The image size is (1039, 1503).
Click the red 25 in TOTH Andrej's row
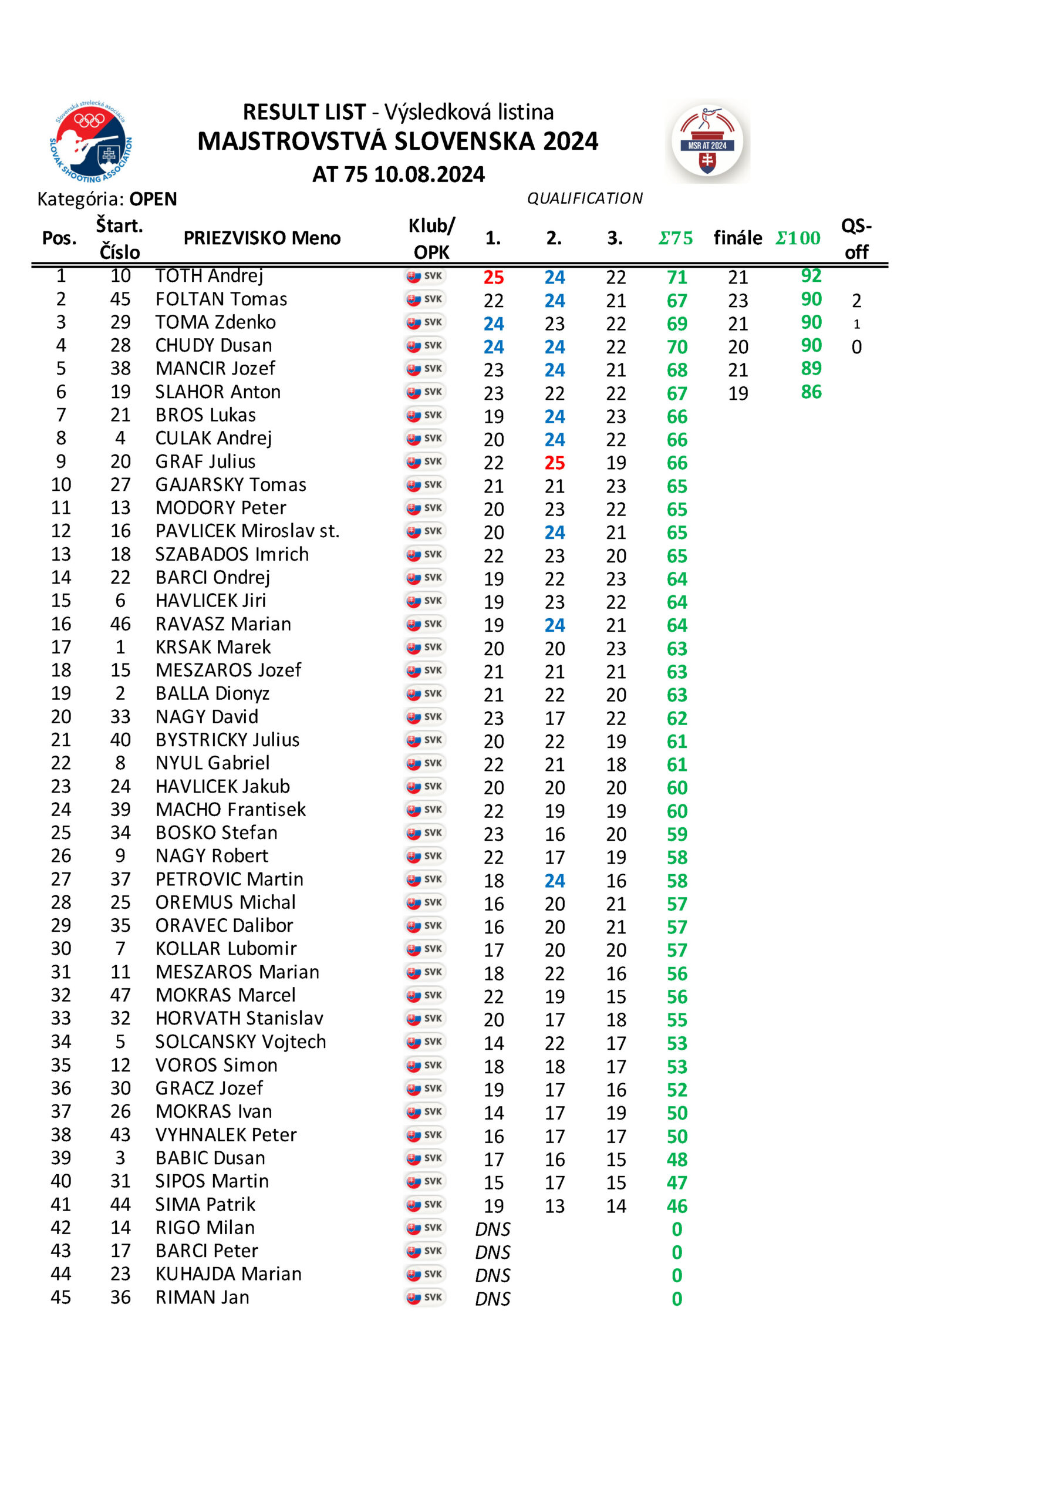tap(494, 277)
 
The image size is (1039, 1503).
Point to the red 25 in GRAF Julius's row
tap(555, 463)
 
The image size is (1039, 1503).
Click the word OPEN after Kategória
tap(153, 199)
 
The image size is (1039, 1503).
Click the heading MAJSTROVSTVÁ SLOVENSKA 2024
tap(398, 141)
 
